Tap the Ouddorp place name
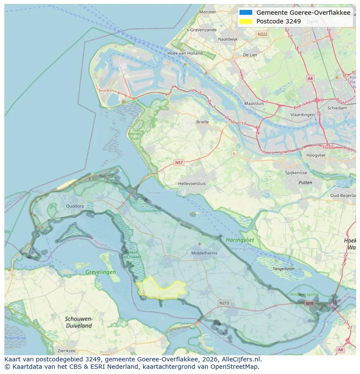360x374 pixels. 75,206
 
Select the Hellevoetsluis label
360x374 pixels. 192,184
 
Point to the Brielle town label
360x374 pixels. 202,122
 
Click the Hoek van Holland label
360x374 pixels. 185,53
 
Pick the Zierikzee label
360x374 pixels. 66,351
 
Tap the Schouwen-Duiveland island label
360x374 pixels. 78,322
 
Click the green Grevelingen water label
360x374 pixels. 101,272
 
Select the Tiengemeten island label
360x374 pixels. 283,268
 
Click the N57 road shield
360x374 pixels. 179,162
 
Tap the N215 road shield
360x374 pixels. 224,303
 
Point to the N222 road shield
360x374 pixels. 262,34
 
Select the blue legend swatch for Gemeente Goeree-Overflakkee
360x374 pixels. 246,13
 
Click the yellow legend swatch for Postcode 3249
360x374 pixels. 246,21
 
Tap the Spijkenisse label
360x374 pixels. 296,172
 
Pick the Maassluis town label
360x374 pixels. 254,104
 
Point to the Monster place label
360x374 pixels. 207,12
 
